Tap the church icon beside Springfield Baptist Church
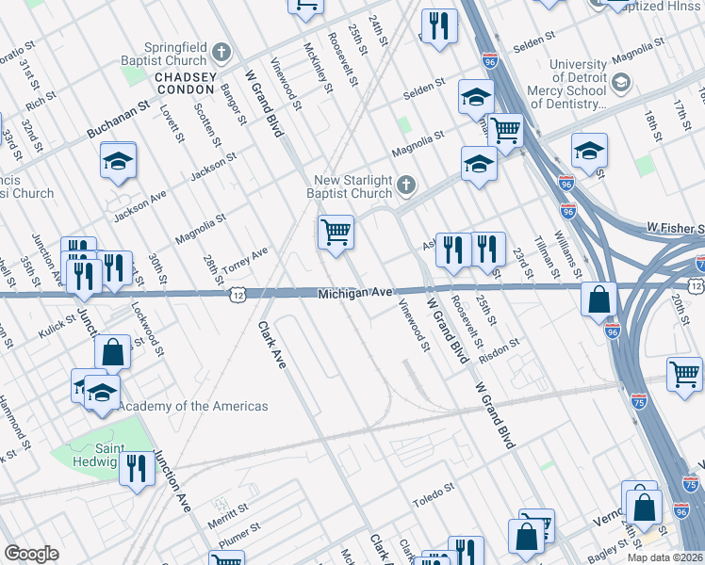(221, 51)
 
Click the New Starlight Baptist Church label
(354, 186)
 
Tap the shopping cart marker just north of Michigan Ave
(336, 232)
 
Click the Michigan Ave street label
(354, 294)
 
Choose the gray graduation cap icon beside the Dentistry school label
(620, 84)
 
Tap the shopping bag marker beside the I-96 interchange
(598, 299)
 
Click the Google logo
(31, 554)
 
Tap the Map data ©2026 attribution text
(665, 557)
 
